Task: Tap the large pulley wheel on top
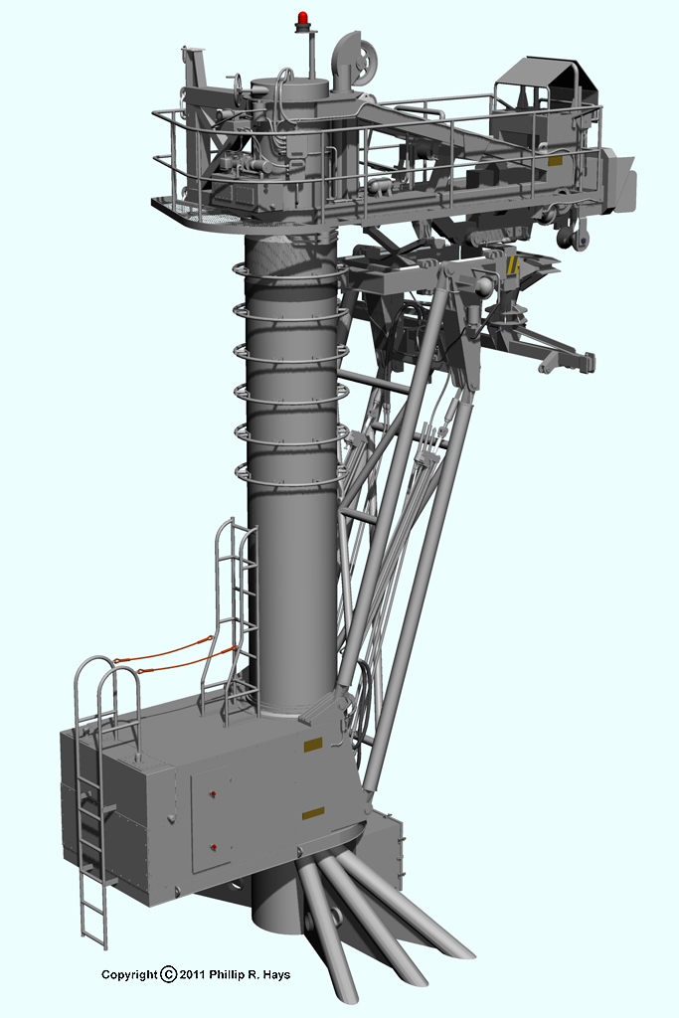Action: point(365,64)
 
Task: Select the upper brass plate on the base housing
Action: point(313,745)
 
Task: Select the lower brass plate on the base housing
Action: point(313,813)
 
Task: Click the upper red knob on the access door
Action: point(214,794)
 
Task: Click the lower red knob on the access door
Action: point(214,847)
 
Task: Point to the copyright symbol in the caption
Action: point(168,974)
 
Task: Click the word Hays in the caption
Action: point(276,974)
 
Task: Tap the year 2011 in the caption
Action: point(192,974)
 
